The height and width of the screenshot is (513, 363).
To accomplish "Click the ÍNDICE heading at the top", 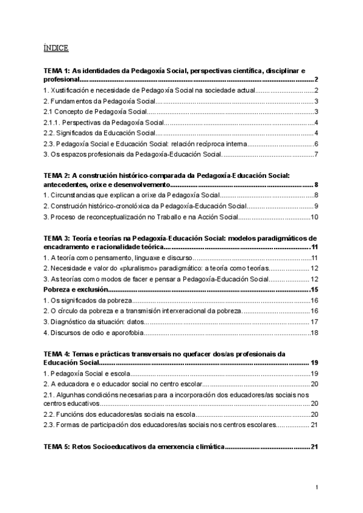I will click(56, 48).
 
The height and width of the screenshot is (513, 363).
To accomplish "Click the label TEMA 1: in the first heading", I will click(57, 71).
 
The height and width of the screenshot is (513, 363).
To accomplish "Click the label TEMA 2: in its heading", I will click(57, 175).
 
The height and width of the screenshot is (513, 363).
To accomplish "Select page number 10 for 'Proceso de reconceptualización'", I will click(314, 217).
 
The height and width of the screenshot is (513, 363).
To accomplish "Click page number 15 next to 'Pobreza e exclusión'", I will click(314, 290).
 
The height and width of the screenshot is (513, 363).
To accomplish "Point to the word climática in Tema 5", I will click(203, 447).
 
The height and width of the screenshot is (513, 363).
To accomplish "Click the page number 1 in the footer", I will click(316, 488).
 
